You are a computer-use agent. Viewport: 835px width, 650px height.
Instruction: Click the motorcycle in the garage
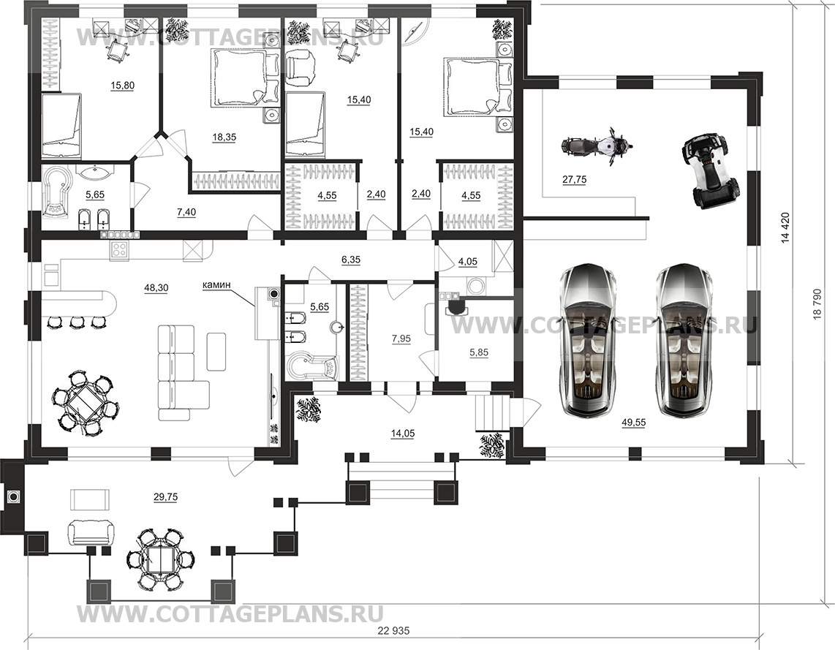click(x=597, y=146)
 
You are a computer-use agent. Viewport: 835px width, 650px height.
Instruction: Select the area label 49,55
click(x=634, y=423)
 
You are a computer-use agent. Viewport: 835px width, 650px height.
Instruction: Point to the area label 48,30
click(x=156, y=288)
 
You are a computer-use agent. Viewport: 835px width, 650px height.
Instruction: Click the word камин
click(x=216, y=285)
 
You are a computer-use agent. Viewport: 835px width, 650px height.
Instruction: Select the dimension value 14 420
click(x=785, y=228)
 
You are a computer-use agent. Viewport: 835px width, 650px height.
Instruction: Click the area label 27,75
click(x=575, y=180)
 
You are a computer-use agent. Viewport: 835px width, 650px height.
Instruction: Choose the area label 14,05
click(x=402, y=434)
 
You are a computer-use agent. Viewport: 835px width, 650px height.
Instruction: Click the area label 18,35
click(x=224, y=137)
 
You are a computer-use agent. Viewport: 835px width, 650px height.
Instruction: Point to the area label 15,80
click(x=122, y=85)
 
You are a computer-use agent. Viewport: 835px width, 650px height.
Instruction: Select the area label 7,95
click(x=401, y=339)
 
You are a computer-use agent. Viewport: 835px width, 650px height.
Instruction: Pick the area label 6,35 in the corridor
click(x=351, y=260)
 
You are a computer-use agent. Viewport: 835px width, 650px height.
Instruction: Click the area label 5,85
click(x=479, y=352)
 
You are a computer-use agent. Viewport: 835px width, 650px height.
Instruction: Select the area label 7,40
click(x=186, y=213)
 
